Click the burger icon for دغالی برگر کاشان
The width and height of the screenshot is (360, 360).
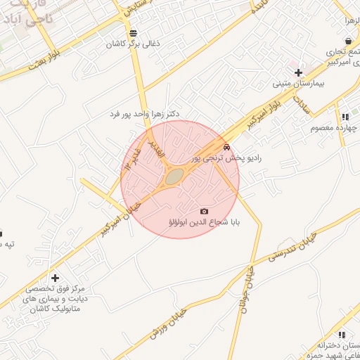pyautogui.click(x=134, y=33)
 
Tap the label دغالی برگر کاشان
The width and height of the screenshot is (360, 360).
pyautogui.click(x=134, y=44)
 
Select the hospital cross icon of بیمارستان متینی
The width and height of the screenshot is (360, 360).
pyautogui.click(x=299, y=72)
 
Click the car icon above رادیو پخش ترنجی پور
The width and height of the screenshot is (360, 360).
pyautogui.click(x=226, y=147)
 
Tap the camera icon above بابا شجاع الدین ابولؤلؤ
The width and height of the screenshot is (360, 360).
pyautogui.click(x=205, y=211)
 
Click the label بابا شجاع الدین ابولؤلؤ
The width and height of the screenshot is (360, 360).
pyautogui.click(x=205, y=223)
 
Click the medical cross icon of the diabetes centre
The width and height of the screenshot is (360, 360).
pyautogui.click(x=55, y=278)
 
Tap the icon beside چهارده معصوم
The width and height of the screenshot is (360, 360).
pyautogui.click(x=345, y=117)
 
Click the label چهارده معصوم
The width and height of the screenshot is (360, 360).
pyautogui.click(x=343, y=128)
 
